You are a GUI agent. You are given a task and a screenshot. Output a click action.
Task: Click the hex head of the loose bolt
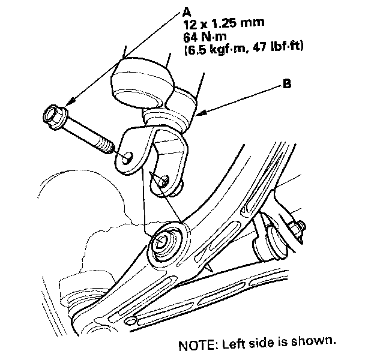coord(52,116)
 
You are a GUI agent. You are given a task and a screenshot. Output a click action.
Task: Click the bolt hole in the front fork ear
coord(128,157)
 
